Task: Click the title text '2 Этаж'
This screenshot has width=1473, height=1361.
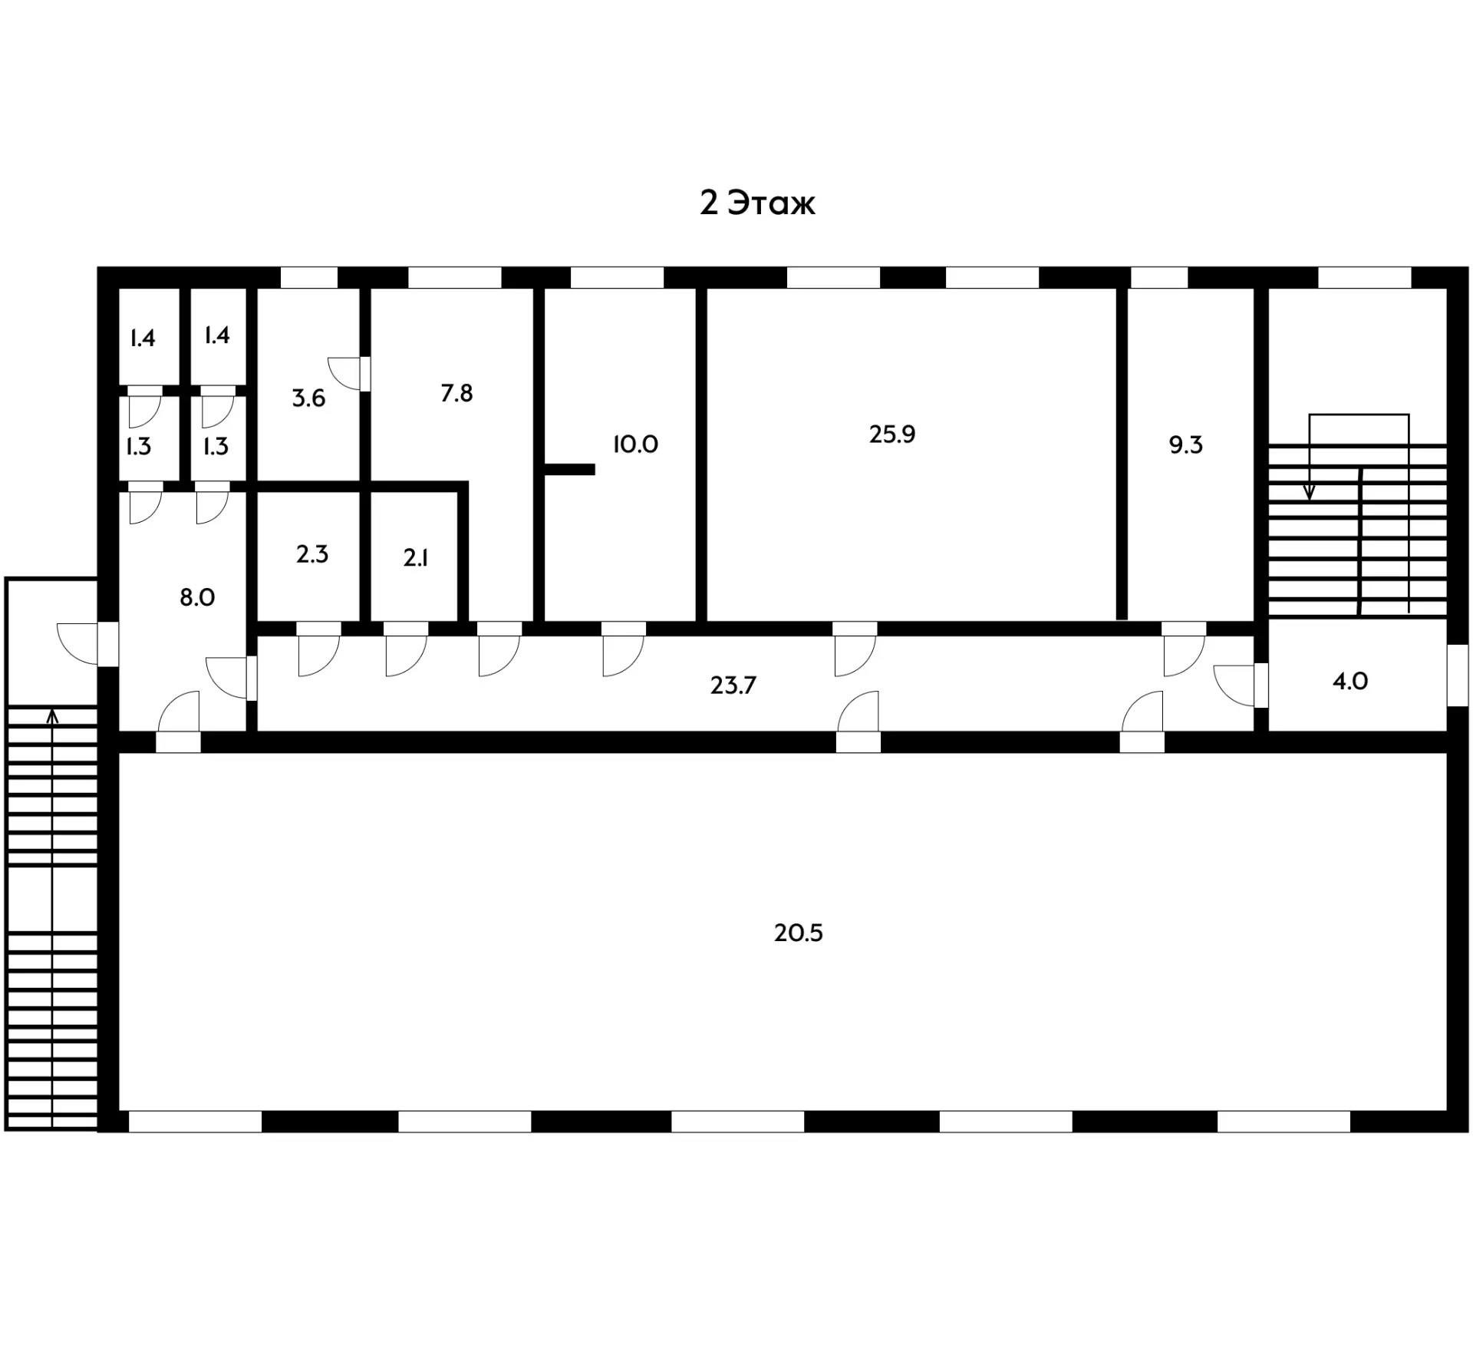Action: pos(756,203)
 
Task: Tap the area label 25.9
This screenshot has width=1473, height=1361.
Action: pos(891,434)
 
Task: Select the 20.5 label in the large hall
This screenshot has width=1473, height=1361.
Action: pos(798,933)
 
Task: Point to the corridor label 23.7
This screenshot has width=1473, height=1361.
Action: pos(733,685)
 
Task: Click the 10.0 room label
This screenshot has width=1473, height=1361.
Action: pos(635,444)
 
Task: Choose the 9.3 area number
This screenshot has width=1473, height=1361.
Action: pos(1185,444)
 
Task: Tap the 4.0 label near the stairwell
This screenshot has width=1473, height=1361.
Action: pos(1349,681)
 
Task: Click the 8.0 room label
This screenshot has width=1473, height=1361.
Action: pos(196,597)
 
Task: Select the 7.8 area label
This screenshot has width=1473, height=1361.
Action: pos(456,393)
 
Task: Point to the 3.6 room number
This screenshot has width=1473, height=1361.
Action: pos(308,398)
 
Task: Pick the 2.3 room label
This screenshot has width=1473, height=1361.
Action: pos(312,553)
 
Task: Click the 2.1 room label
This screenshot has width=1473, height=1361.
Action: pos(415,558)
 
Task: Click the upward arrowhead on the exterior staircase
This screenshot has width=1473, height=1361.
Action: pos(52,715)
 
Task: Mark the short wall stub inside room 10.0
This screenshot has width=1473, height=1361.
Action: pos(569,469)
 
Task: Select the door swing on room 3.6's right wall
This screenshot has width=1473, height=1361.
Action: pos(347,373)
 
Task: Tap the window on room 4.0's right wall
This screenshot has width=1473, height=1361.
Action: pos(1457,675)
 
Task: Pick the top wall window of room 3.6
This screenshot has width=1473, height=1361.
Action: pos(308,277)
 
